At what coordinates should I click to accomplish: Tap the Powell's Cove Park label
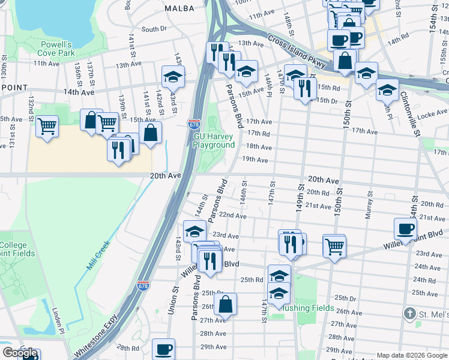click(58, 49)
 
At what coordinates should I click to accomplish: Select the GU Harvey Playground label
click(214, 140)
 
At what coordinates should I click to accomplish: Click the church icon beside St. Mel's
click(409, 314)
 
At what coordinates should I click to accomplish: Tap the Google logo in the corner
click(19, 353)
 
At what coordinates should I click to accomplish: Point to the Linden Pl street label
click(58, 320)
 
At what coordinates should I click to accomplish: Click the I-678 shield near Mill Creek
click(143, 286)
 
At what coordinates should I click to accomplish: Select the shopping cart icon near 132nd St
click(47, 127)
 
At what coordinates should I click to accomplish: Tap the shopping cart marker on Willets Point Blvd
click(334, 245)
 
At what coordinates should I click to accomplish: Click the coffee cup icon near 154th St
click(406, 228)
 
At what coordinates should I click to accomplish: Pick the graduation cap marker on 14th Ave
click(173, 76)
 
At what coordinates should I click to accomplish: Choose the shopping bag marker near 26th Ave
click(225, 304)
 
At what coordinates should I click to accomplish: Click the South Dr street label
click(154, 29)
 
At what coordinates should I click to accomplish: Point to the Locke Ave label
click(433, 112)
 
